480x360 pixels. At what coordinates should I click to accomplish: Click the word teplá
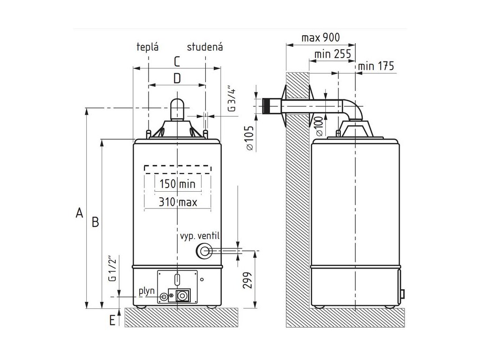tap(148, 47)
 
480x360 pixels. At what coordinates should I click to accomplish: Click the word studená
tap(205, 47)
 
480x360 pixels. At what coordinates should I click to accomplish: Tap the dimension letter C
tap(177, 61)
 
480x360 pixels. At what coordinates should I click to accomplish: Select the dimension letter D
tap(177, 78)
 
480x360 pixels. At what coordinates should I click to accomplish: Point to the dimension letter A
tap(79, 213)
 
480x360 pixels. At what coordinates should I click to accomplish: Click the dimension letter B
tap(95, 223)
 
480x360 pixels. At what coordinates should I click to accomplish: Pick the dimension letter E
tap(112, 321)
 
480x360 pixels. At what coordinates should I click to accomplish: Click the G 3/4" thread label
tap(231, 99)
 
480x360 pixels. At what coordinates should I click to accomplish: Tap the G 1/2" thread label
tap(112, 269)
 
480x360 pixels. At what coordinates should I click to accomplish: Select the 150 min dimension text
tap(177, 184)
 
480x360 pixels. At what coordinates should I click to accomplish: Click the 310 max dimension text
tap(177, 202)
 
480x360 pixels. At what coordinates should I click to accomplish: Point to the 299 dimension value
tap(248, 280)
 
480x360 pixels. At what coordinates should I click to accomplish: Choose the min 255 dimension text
tap(333, 54)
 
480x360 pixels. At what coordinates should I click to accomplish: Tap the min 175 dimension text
tap(375, 66)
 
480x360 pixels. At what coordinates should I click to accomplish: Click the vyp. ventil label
tap(200, 236)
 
